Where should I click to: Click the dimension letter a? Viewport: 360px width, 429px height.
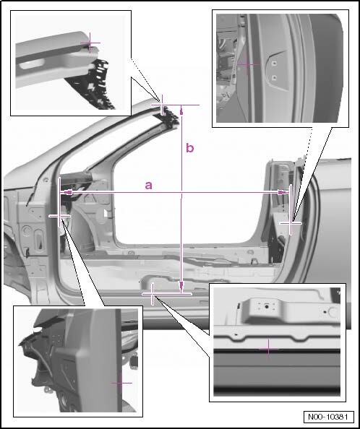(148, 185)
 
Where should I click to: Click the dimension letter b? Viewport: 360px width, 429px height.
(190, 148)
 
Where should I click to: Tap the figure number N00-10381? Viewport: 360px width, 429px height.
(328, 417)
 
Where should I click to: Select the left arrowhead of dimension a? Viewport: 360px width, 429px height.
(67, 193)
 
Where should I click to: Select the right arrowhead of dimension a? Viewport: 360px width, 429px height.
(283, 193)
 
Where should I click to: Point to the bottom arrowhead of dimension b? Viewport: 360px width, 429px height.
(181, 287)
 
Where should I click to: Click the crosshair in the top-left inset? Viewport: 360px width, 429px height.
(90, 43)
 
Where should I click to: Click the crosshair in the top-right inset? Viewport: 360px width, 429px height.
(247, 64)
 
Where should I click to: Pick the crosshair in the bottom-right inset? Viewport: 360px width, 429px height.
(269, 349)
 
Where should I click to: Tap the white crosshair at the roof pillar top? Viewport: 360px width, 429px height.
(162, 105)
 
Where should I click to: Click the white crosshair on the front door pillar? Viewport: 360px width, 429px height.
(60, 216)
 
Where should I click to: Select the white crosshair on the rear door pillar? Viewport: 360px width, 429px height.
(291, 224)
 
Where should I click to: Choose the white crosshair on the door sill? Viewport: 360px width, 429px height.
(153, 294)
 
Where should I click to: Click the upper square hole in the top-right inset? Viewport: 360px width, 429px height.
(274, 64)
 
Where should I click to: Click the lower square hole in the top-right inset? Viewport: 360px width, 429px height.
(274, 78)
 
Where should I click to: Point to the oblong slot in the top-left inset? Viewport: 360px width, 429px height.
(32, 64)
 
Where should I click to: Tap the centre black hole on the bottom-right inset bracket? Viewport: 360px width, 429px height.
(266, 307)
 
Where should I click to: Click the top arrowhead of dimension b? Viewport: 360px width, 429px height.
(181, 111)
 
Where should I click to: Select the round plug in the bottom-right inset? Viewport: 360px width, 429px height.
(333, 312)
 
